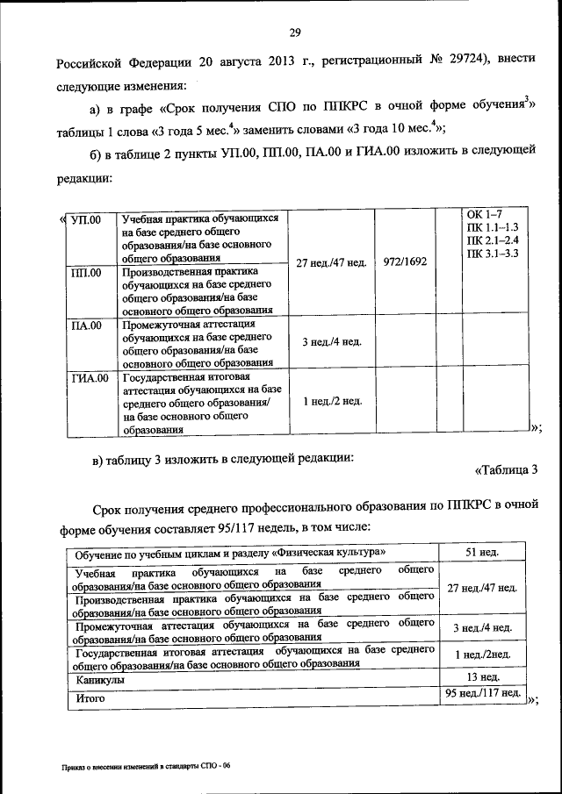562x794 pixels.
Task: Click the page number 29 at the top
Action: [x=295, y=33]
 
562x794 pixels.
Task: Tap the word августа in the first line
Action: [x=227, y=64]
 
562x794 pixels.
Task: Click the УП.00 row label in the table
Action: [x=84, y=218]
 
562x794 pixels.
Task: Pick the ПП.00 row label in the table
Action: [x=85, y=273]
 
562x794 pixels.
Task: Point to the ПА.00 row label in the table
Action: [x=85, y=325]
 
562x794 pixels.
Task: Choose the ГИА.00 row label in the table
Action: [x=89, y=378]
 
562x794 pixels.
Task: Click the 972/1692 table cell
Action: [x=405, y=261]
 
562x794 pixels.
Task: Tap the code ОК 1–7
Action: [x=484, y=215]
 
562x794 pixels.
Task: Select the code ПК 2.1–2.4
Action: [x=494, y=240]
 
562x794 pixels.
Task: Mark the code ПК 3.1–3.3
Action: [x=494, y=254]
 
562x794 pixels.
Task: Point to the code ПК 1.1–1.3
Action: [x=494, y=227]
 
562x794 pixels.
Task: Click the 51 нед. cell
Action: [x=481, y=551]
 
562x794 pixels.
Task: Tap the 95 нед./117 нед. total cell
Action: [x=481, y=694]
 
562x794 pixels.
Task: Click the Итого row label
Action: [x=90, y=698]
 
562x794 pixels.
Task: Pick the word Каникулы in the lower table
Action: [x=99, y=679]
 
